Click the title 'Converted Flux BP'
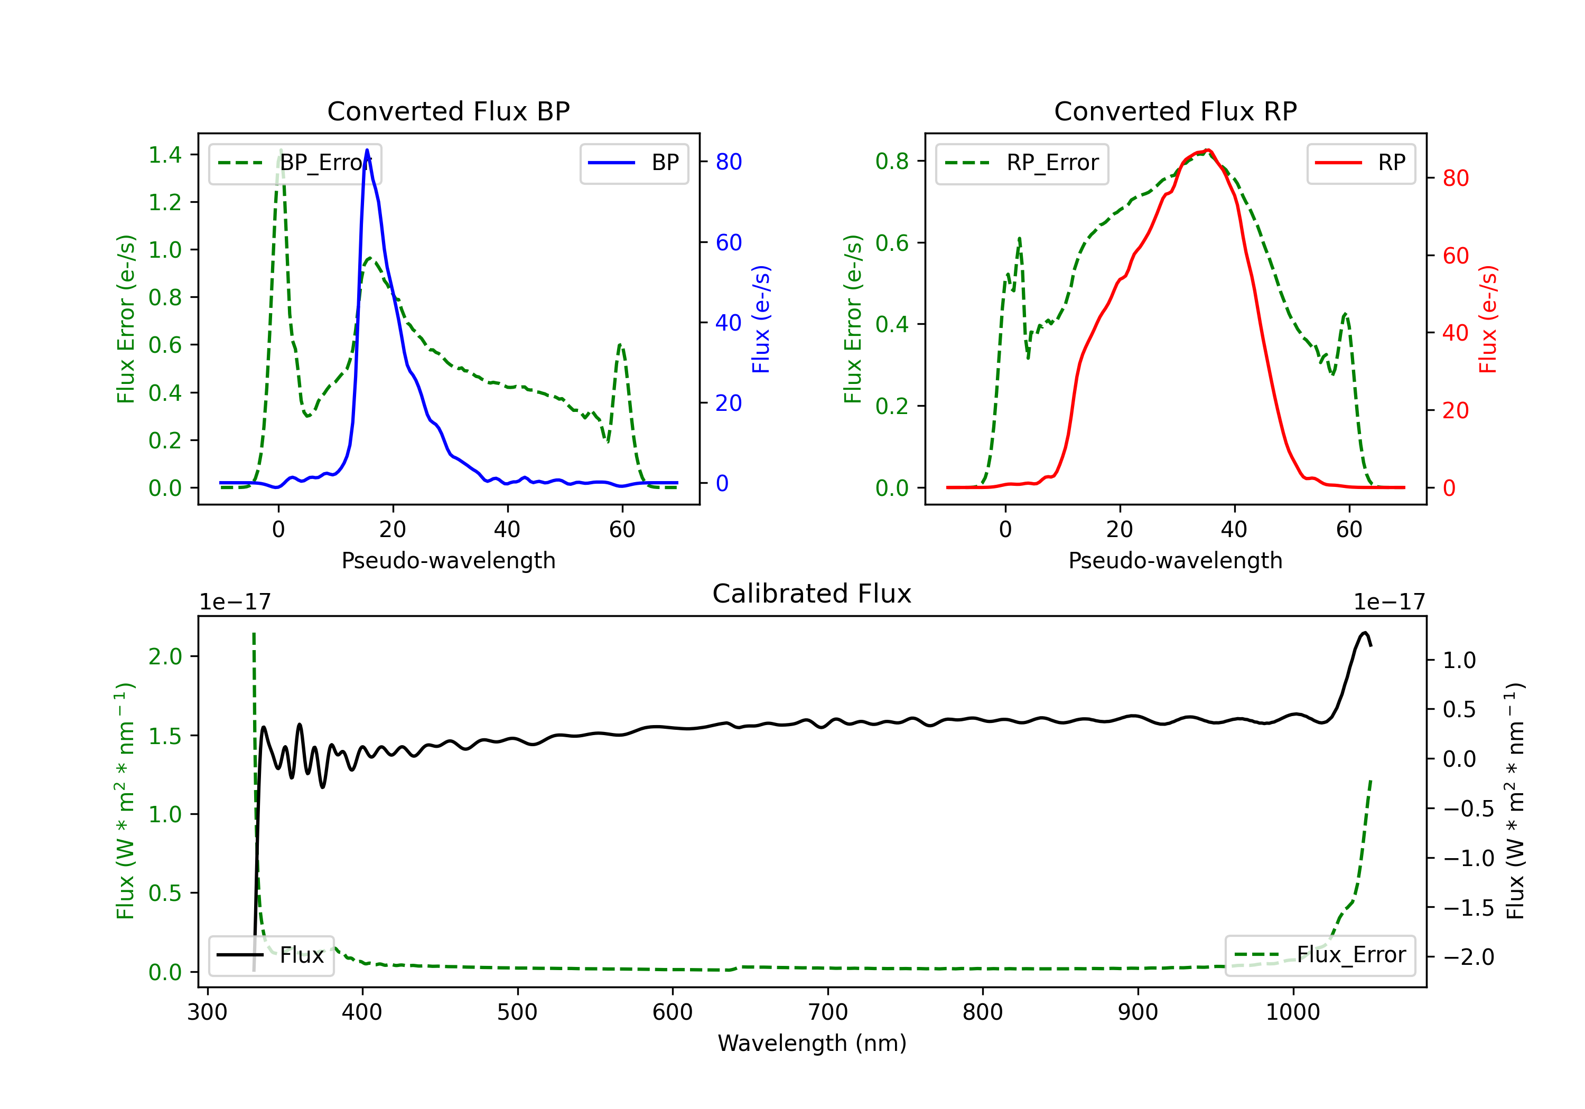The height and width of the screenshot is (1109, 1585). click(x=448, y=111)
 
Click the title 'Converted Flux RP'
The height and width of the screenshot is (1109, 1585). click(x=1175, y=111)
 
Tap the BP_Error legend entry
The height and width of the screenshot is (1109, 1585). click(x=295, y=163)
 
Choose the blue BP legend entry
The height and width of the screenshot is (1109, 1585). click(x=633, y=163)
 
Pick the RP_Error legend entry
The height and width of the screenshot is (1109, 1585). click(x=1022, y=163)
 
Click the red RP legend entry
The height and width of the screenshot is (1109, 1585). click(x=1360, y=163)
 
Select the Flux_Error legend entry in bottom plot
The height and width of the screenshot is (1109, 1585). click(x=1320, y=955)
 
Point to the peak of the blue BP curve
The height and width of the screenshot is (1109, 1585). click(x=367, y=150)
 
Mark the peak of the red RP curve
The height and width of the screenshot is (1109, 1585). click(x=1207, y=150)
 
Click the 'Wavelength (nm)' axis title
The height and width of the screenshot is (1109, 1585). click(x=812, y=1044)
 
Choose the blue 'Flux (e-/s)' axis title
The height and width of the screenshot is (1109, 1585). click(x=761, y=319)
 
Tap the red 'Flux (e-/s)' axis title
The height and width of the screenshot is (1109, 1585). click(x=1488, y=319)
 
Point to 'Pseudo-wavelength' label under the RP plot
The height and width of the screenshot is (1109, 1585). click(x=1175, y=560)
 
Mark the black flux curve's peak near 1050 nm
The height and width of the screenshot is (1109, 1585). click(x=1364, y=633)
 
